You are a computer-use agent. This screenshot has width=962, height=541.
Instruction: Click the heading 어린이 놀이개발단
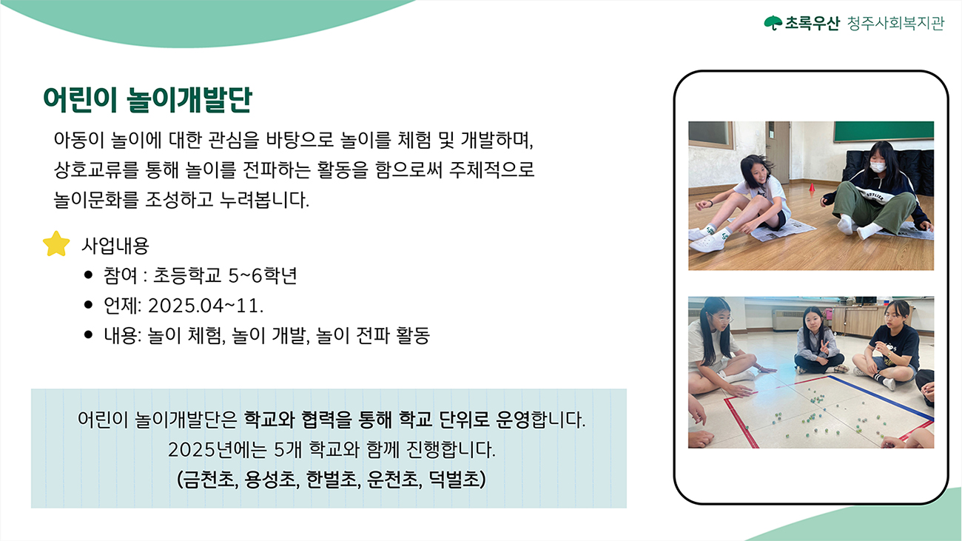click(x=147, y=100)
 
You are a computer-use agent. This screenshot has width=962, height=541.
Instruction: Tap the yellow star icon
click(x=56, y=244)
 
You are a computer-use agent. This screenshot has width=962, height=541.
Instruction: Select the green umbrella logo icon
click(x=773, y=23)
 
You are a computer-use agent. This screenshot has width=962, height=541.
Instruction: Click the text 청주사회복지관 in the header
click(x=895, y=23)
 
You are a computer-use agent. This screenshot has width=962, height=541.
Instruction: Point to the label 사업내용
click(x=115, y=246)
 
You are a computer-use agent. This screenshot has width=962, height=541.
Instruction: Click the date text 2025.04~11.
click(x=206, y=306)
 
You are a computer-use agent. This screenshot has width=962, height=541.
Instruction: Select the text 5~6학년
click(x=263, y=275)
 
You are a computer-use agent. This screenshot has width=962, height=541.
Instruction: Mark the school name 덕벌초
click(x=454, y=479)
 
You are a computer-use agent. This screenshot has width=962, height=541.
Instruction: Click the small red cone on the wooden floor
click(x=812, y=187)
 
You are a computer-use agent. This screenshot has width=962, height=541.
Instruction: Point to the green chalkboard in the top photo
click(x=884, y=131)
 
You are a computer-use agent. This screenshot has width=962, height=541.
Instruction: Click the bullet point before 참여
click(x=89, y=275)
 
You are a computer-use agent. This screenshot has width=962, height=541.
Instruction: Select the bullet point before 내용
click(x=89, y=335)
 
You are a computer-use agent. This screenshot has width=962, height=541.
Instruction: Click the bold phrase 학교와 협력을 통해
click(x=317, y=419)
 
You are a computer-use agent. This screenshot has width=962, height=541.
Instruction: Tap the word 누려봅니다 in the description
click(x=264, y=200)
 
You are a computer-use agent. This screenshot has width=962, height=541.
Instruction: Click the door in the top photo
click(x=777, y=152)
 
